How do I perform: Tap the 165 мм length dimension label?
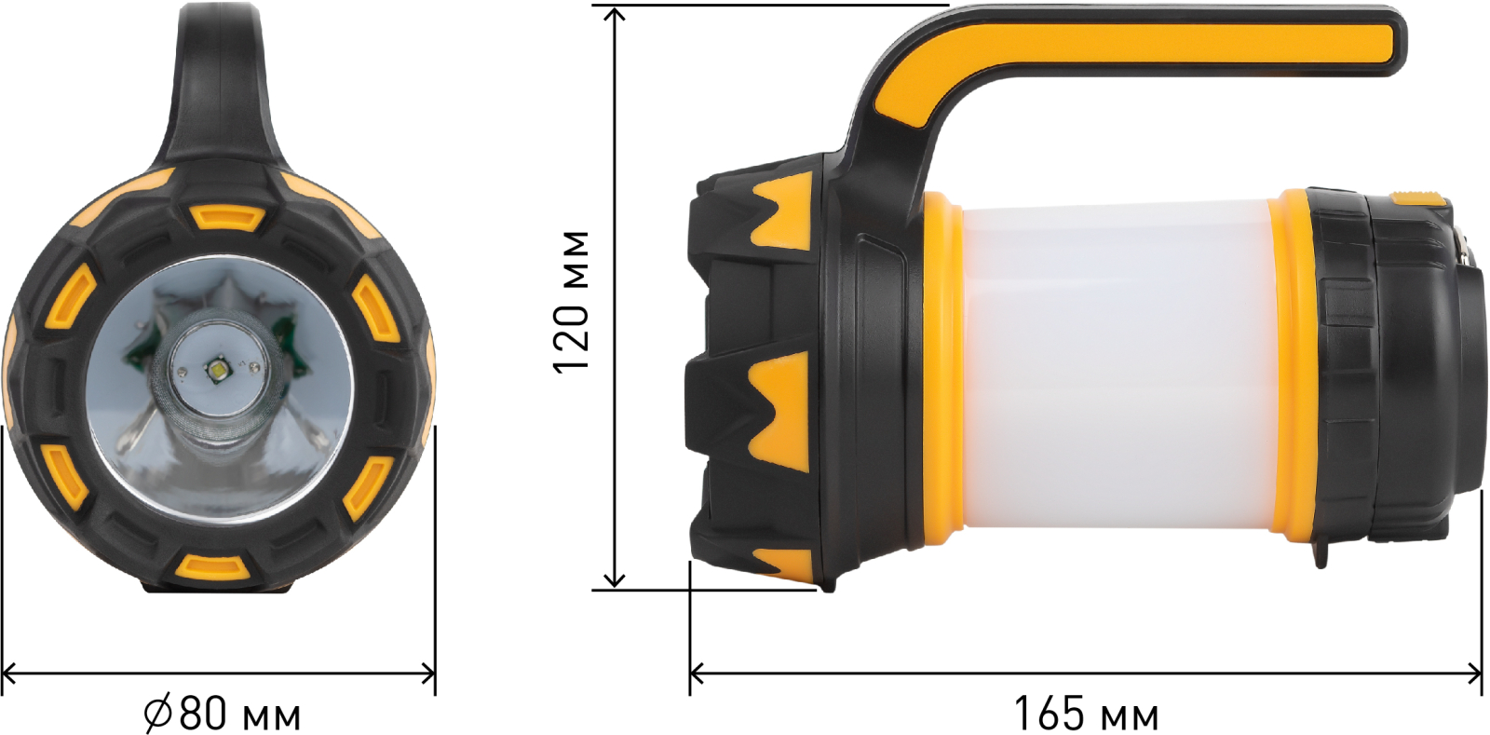tap(1086, 714)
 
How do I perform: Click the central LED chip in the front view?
tap(218, 368)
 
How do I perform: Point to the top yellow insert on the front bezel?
tap(227, 217)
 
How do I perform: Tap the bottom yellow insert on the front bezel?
tap(213, 566)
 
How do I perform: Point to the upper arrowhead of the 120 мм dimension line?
tap(616, 12)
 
